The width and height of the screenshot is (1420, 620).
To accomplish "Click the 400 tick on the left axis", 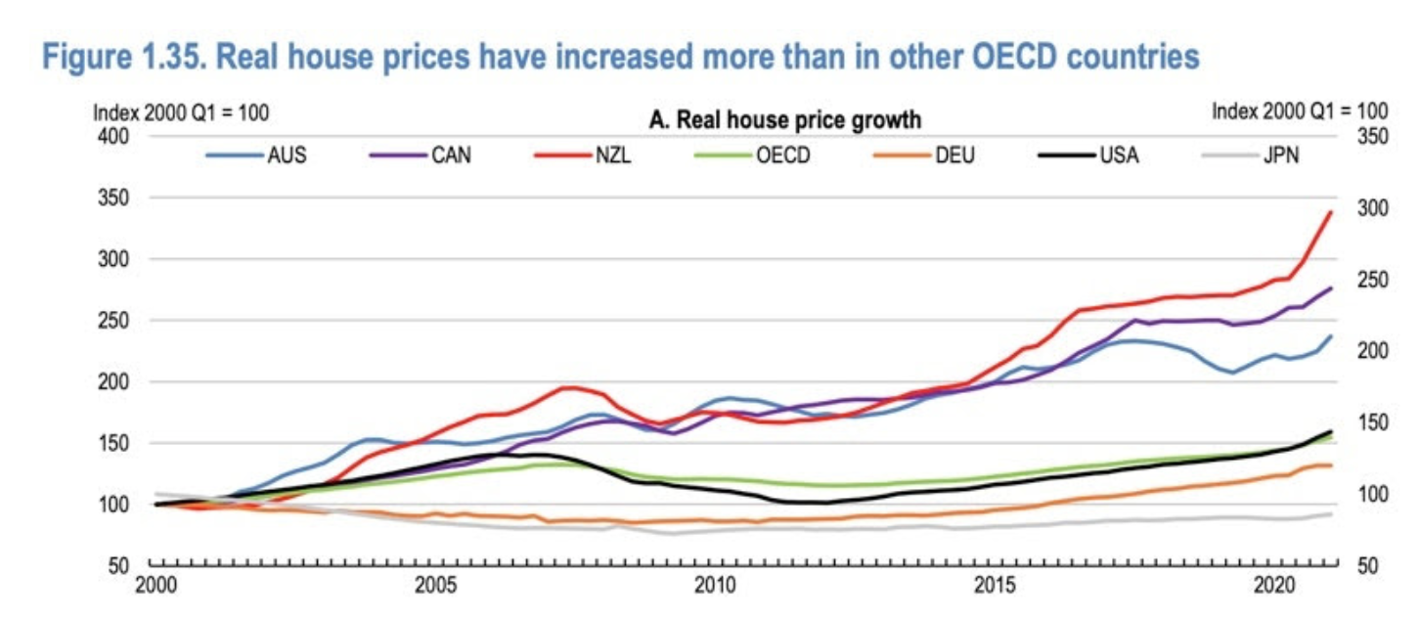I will click(x=116, y=136).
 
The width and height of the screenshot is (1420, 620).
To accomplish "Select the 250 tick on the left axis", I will click(x=116, y=321).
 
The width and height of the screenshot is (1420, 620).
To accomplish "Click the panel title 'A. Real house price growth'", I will click(x=785, y=121).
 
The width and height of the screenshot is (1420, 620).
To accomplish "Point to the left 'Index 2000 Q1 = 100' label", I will click(x=180, y=112).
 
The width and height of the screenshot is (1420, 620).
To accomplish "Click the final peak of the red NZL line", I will click(x=1331, y=212).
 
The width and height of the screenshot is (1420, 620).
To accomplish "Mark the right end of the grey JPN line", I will click(x=1331, y=513).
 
